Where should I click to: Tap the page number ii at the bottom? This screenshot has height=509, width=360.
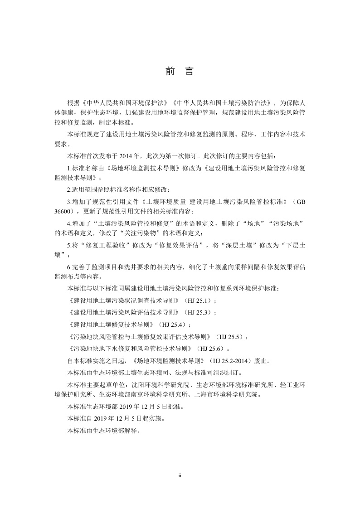(x=180, y=476)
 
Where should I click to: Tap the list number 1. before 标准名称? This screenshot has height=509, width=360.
(x=69, y=168)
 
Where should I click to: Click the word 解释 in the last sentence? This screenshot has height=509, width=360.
(x=129, y=431)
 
